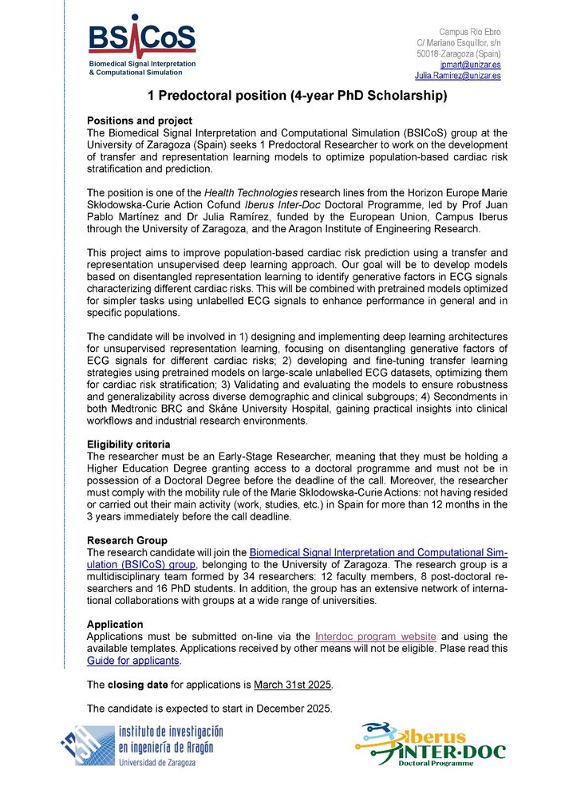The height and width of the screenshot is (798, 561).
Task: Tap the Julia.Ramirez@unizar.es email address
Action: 458,76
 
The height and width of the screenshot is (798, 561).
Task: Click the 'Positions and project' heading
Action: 139,120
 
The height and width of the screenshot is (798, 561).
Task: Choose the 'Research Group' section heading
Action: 128,541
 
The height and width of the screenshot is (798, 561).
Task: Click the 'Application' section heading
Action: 115,625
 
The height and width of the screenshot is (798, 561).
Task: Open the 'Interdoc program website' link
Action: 376,636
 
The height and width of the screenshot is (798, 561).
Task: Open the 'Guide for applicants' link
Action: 134,661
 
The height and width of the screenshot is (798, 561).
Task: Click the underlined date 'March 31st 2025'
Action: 293,685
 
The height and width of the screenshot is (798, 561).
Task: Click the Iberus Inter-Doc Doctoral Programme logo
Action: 431,745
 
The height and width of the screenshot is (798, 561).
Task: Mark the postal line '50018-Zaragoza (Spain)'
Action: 459,53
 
